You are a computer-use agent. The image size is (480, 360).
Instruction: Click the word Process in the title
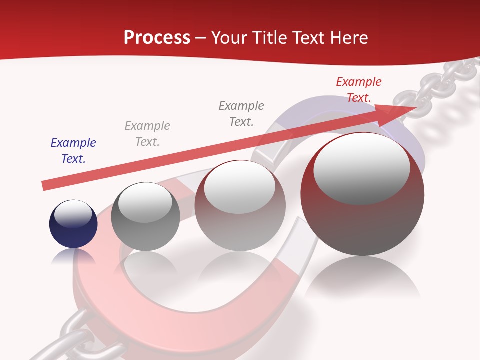(157, 38)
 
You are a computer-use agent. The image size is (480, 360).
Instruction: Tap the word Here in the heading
(349, 38)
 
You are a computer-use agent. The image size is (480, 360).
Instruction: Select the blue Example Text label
(73, 151)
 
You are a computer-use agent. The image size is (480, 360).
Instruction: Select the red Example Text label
(358, 90)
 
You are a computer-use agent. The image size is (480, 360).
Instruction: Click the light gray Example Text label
(147, 134)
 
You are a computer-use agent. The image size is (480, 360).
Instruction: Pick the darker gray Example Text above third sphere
(241, 113)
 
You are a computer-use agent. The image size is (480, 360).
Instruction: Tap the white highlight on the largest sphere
(361, 169)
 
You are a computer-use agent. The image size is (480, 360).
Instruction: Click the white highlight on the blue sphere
(73, 214)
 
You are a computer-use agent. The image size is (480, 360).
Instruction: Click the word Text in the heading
(311, 38)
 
